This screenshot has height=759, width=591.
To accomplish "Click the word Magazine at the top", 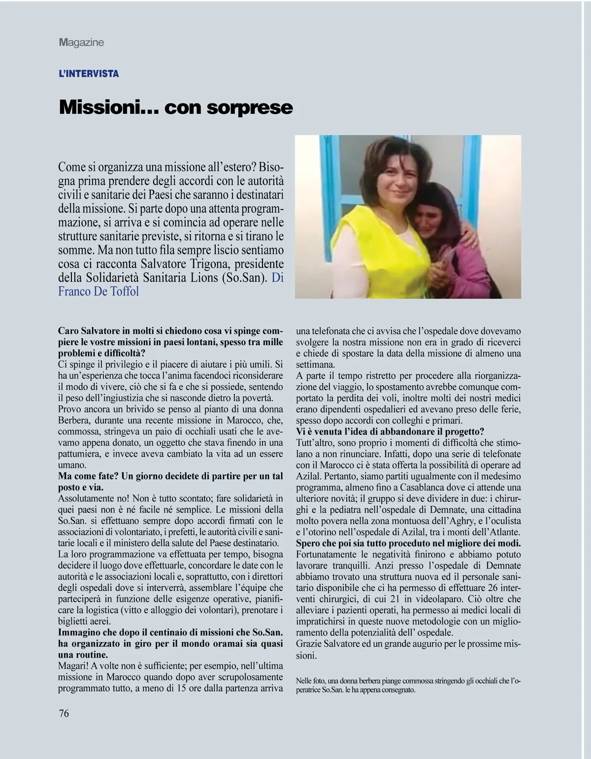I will click(81, 42).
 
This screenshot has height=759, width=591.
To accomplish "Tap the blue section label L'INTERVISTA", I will click(89, 74).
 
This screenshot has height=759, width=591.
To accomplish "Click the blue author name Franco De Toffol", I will click(98, 291).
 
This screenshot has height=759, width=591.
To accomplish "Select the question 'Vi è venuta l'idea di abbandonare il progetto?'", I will click(390, 431).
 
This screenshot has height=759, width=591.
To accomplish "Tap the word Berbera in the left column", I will click(73, 420).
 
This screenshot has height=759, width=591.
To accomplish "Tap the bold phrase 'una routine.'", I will click(83, 655).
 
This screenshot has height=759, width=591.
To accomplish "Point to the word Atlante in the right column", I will click(505, 532).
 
